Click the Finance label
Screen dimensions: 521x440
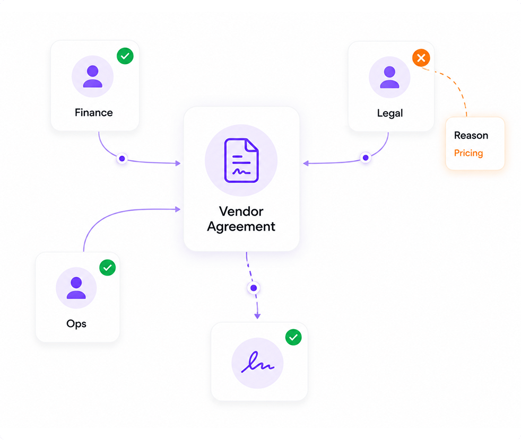[94, 112]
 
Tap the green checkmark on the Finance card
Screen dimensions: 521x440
[125, 56]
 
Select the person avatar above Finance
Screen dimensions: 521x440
[92, 76]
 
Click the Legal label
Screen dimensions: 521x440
[390, 113]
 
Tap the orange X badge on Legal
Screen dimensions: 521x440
[421, 58]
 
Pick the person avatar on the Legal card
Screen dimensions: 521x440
[389, 77]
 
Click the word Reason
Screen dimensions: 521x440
[471, 136]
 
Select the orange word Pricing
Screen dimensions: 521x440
[468, 153]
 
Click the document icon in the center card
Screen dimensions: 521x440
[241, 161]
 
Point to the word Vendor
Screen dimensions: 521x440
[241, 211]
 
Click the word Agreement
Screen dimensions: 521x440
[241, 227]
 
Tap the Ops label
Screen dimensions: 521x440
[76, 324]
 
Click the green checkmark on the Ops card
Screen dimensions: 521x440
[108, 268]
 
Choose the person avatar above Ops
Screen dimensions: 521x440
[76, 288]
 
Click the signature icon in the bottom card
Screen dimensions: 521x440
[257, 362]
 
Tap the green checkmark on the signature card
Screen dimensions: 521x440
[293, 337]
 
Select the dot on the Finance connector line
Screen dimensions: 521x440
[122, 159]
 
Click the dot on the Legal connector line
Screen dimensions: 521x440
[366, 158]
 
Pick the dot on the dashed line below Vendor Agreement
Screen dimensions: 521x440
[254, 288]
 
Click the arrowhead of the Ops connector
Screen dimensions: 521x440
[178, 209]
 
